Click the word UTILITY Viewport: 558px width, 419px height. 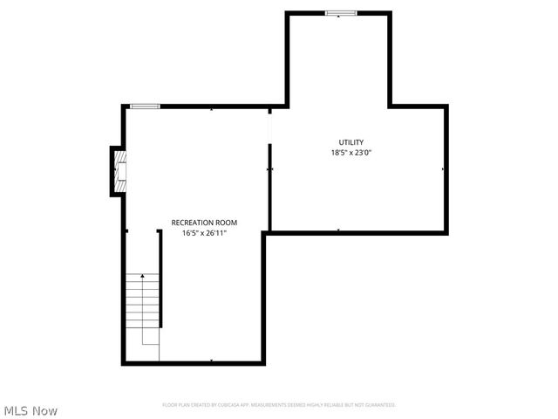point(351,142)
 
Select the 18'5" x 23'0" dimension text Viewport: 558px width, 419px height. point(351,153)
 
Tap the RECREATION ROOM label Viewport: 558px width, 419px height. point(204,223)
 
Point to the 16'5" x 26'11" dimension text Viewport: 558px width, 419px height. point(204,233)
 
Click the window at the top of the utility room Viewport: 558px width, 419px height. point(341,13)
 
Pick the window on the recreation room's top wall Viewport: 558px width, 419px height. point(145,106)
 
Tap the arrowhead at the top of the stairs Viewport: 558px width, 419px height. point(143,277)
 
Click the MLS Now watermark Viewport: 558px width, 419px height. point(31,410)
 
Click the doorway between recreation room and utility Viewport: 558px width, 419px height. point(270,127)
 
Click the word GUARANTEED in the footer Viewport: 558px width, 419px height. point(379,405)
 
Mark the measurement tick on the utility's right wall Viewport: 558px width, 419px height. point(444,168)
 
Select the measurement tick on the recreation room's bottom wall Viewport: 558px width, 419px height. point(212,361)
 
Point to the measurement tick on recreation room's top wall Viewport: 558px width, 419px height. point(212,109)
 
